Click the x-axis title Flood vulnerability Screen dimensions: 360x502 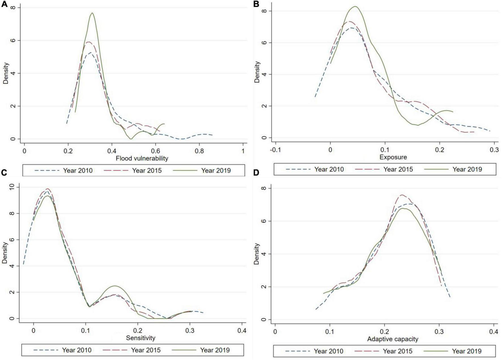(142, 158)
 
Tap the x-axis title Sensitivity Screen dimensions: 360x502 (141, 338)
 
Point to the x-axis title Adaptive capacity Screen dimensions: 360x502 (393, 339)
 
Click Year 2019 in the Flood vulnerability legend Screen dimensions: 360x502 (216, 171)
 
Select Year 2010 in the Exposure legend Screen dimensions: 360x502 (329, 170)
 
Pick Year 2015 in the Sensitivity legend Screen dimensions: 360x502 (146, 350)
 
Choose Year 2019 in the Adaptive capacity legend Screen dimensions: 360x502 (467, 351)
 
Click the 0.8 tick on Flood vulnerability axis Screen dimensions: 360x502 (199, 151)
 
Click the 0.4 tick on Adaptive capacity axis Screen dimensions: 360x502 (493, 332)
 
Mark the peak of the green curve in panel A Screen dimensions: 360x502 (92, 13)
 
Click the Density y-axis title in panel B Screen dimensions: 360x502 (257, 72)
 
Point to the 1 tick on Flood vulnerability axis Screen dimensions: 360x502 (243, 151)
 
